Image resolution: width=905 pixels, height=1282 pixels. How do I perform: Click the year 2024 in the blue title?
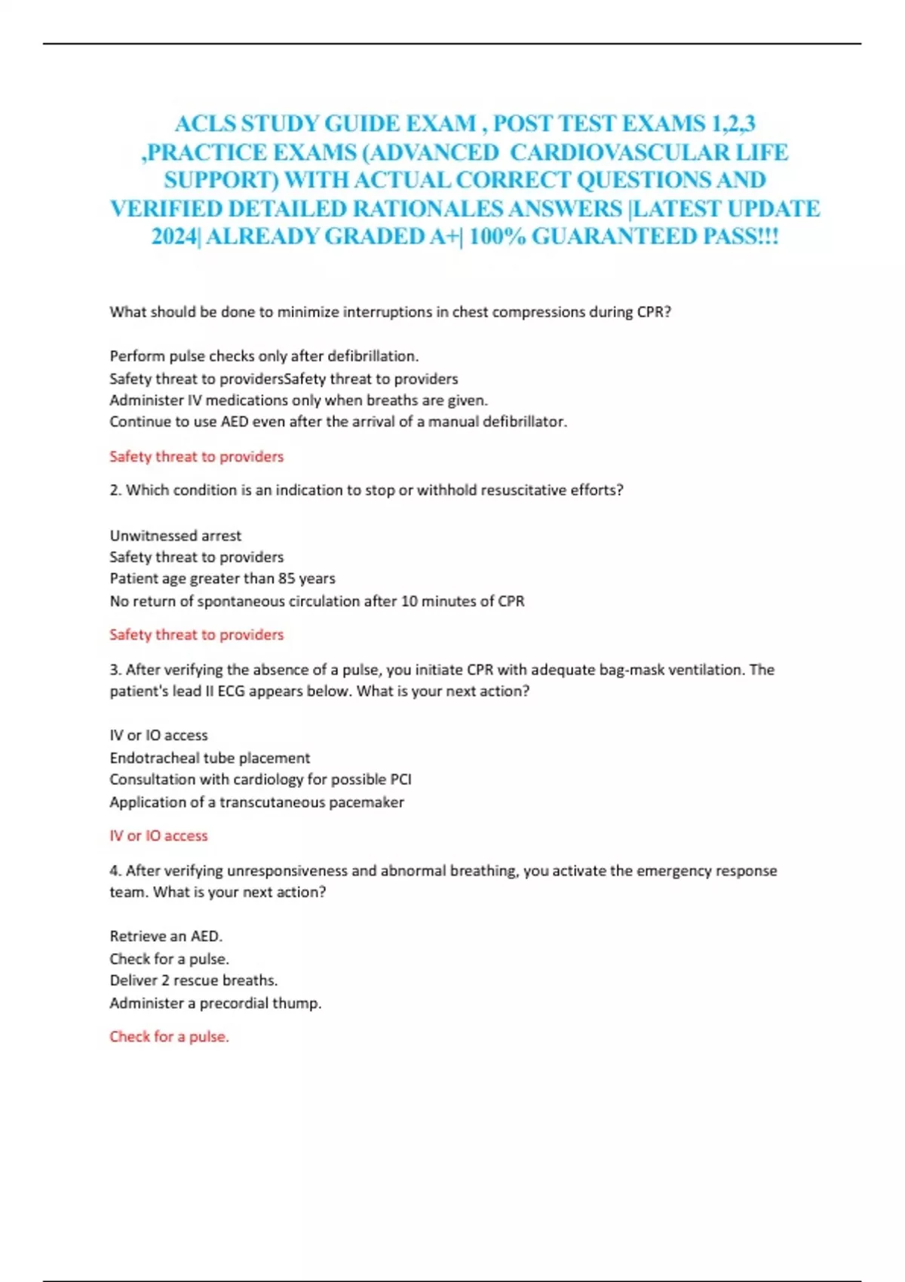[x=173, y=237]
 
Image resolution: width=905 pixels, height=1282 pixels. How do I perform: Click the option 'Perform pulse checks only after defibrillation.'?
[x=264, y=356]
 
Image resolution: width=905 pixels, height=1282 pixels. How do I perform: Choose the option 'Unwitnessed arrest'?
[x=176, y=535]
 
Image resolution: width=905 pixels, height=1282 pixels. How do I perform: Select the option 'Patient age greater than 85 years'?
[x=222, y=578]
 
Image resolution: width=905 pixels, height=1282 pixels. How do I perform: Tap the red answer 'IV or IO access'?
[x=158, y=836]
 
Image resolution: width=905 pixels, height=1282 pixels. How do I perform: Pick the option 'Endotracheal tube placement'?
[x=210, y=758]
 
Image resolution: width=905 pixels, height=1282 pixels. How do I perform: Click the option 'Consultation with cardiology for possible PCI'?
[x=260, y=779]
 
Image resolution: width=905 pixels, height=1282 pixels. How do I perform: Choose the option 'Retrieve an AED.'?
[x=166, y=936]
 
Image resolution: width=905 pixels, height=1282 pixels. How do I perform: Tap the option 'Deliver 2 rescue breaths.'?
[x=194, y=980]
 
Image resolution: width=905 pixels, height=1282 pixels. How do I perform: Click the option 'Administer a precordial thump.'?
[x=216, y=1003]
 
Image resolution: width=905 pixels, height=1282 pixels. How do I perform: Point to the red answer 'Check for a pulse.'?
[x=169, y=1037]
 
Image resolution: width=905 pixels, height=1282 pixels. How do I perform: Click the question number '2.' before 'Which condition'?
[x=115, y=490]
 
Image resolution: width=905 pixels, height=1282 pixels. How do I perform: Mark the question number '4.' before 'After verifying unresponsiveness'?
[x=115, y=870]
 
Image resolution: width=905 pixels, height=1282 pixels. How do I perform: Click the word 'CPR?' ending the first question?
[x=654, y=312]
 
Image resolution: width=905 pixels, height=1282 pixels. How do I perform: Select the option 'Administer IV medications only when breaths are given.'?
[x=299, y=400]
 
